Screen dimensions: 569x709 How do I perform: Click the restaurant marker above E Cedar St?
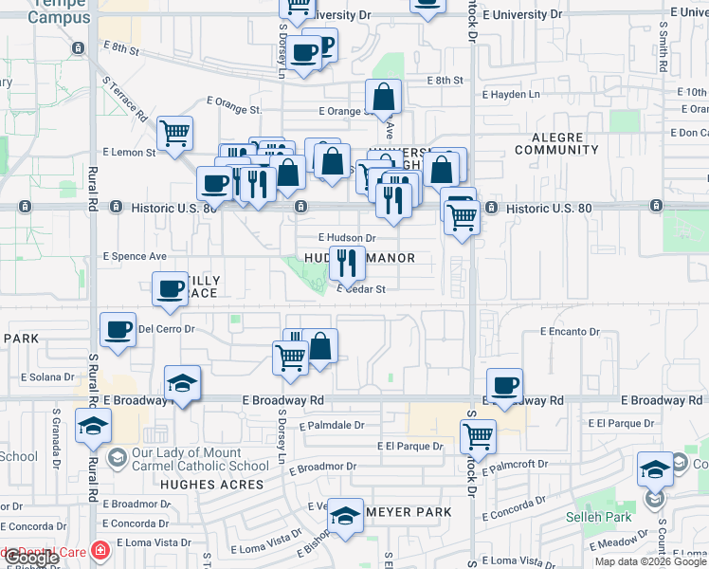point(347,262)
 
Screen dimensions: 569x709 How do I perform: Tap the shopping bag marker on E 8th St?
point(383,97)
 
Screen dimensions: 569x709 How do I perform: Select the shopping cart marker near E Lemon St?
point(175,134)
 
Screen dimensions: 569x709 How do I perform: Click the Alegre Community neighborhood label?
point(557,143)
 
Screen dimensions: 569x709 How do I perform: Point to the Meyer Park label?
point(408,512)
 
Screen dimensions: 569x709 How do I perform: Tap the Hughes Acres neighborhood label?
point(211,485)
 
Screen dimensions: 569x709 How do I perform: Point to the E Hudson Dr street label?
point(347,238)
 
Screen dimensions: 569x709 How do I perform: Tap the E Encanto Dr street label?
point(571,332)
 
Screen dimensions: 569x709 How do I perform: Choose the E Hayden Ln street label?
point(511,95)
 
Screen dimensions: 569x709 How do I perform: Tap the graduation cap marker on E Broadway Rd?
point(182,383)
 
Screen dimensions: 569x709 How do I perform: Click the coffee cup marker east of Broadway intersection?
point(504,386)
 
